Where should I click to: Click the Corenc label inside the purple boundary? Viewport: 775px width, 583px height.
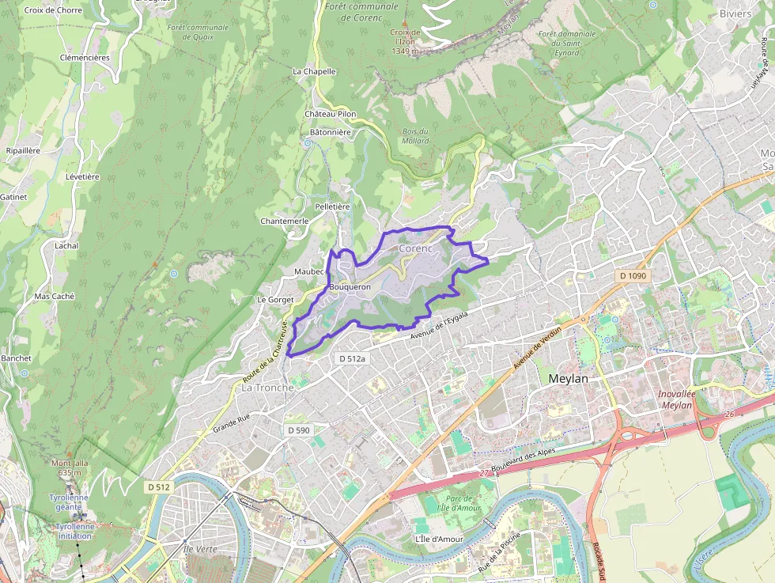click(x=416, y=248)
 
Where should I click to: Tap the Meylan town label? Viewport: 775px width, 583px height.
click(x=569, y=379)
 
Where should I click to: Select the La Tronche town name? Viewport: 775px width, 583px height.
click(x=267, y=388)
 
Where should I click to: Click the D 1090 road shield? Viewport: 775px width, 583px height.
click(x=633, y=276)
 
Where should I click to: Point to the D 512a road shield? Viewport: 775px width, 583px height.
click(x=353, y=358)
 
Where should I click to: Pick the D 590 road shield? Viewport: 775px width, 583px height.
click(x=299, y=430)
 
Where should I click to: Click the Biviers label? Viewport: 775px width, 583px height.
click(x=735, y=13)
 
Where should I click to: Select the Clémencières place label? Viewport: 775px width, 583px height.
click(x=85, y=58)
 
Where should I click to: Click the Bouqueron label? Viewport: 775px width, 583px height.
click(x=350, y=286)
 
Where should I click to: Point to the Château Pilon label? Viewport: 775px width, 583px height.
click(x=331, y=114)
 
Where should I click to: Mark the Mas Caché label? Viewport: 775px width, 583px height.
click(x=55, y=296)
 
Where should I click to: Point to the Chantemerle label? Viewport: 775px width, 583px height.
click(x=284, y=221)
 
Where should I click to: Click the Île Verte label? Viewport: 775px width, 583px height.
click(x=199, y=548)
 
